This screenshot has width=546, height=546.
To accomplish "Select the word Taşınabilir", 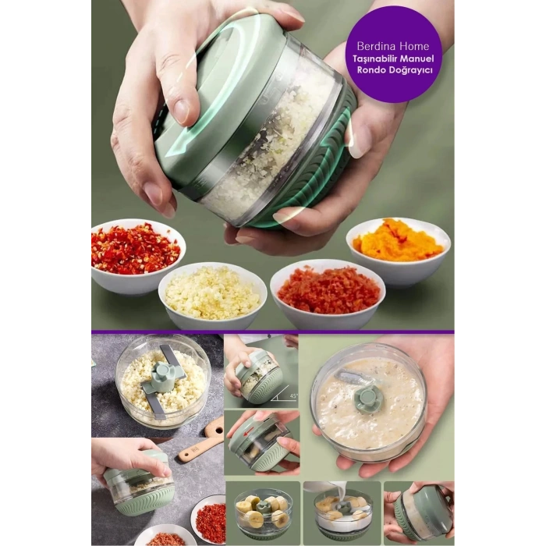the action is click(x=374, y=58).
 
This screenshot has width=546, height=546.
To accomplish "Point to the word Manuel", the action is click(x=416, y=58).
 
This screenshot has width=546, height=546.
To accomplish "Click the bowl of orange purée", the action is click(x=399, y=250).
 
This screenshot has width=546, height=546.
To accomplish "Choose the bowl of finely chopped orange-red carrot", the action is click(x=328, y=294).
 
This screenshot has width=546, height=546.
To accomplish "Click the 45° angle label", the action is click(x=293, y=396).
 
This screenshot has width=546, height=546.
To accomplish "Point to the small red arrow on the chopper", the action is click(x=248, y=433).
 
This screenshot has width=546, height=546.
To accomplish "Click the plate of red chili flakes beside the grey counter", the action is click(x=208, y=518).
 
